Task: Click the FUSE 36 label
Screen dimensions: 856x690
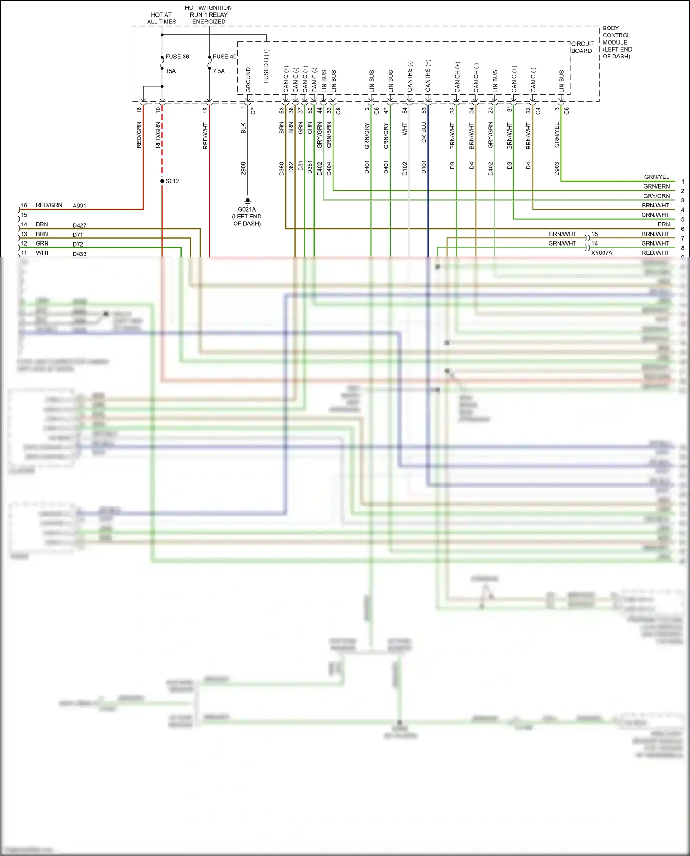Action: pyautogui.click(x=177, y=57)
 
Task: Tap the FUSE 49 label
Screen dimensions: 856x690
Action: pyautogui.click(x=224, y=57)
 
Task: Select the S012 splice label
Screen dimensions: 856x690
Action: pyautogui.click(x=172, y=181)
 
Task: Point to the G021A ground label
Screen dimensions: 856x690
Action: pyautogui.click(x=247, y=209)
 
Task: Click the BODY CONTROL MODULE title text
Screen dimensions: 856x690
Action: pyautogui.click(x=617, y=42)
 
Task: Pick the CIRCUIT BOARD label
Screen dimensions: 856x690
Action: pyautogui.click(x=582, y=47)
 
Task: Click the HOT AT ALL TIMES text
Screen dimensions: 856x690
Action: pyautogui.click(x=161, y=18)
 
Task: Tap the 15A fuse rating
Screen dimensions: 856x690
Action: pyautogui.click(x=171, y=71)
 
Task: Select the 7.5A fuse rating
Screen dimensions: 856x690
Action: pyautogui.click(x=219, y=71)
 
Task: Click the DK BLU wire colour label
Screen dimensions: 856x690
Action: pyautogui.click(x=424, y=132)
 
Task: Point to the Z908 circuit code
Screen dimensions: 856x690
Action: pyautogui.click(x=243, y=168)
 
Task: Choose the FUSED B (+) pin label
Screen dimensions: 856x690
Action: pyautogui.click(x=266, y=66)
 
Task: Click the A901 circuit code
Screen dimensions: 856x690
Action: pyautogui.click(x=80, y=206)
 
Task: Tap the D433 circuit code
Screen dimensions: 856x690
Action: pyautogui.click(x=80, y=254)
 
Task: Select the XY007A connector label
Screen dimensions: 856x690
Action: pyautogui.click(x=602, y=253)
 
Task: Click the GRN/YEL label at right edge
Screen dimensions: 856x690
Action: pyautogui.click(x=657, y=177)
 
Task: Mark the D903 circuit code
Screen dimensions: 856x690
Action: pyautogui.click(x=557, y=168)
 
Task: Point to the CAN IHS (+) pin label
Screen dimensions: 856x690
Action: pyautogui.click(x=428, y=75)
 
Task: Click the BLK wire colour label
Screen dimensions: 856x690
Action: pyautogui.click(x=243, y=128)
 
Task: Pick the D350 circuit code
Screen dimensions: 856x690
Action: pyautogui.click(x=282, y=168)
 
